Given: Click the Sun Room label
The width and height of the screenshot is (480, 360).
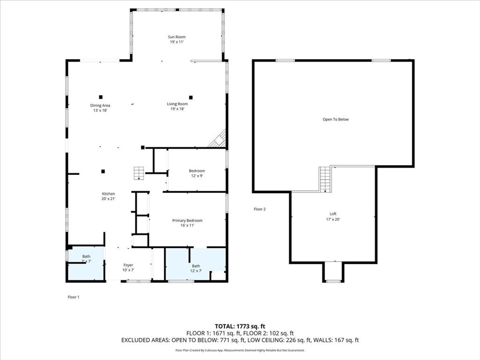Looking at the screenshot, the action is click(x=177, y=37).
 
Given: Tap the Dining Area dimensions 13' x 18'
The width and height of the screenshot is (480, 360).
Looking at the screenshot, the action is click(x=100, y=111).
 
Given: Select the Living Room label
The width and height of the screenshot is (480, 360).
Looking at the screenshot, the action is click(x=177, y=104).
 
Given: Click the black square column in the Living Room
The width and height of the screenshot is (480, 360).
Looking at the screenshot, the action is click(x=191, y=97).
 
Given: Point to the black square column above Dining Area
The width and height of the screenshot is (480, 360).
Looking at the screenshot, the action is click(x=101, y=97).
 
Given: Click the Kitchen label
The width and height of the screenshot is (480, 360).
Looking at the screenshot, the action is click(x=108, y=194).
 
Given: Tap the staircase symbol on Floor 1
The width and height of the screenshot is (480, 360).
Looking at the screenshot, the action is click(x=139, y=173).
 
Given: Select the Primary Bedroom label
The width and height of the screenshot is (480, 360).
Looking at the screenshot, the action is click(x=187, y=221).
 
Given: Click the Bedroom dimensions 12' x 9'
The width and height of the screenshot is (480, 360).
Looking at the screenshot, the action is click(x=197, y=176).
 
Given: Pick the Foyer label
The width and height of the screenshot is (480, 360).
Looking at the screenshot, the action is click(x=128, y=265).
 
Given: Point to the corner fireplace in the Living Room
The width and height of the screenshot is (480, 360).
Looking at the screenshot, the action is click(x=218, y=139).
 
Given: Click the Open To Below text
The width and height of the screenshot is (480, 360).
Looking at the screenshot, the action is click(x=336, y=120).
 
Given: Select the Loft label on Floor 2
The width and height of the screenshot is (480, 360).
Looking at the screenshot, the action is click(x=333, y=214).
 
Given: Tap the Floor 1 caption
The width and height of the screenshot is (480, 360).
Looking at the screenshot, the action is click(x=74, y=297).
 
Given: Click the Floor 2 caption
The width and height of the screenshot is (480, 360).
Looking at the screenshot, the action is click(x=260, y=210).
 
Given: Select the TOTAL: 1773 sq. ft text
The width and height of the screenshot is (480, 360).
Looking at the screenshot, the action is click(x=240, y=326).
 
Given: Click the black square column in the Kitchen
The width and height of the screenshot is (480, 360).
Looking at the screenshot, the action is click(x=103, y=172).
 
